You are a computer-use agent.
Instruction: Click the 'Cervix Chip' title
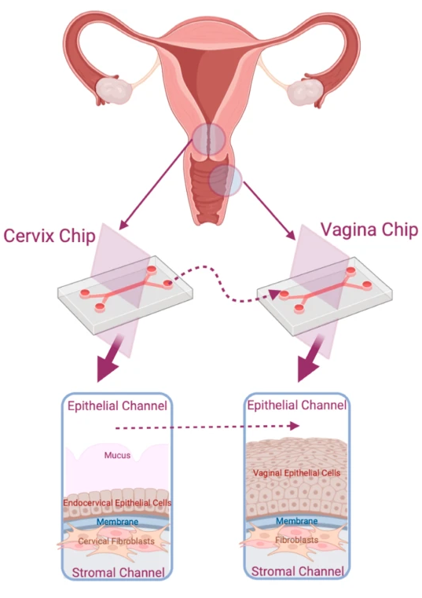50,236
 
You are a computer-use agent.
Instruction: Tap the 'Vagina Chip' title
369,230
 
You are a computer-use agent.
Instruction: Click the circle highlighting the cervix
208,139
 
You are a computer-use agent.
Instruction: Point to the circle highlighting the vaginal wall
226,180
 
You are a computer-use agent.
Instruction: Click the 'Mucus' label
117,455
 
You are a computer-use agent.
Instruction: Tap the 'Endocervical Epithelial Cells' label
117,503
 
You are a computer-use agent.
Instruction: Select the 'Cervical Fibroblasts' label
116,541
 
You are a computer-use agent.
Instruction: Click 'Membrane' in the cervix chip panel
117,521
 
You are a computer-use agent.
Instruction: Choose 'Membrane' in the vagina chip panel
296,520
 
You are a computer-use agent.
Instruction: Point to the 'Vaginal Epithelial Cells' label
296,473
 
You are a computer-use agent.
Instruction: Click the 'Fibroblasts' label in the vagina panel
296,540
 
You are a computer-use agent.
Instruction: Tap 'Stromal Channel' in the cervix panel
119,572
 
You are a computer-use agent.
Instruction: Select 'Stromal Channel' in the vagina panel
298,571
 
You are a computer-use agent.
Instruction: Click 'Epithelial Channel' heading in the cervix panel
117,405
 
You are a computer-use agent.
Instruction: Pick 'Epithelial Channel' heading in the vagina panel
297,405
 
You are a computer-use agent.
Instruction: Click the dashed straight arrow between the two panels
207,427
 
